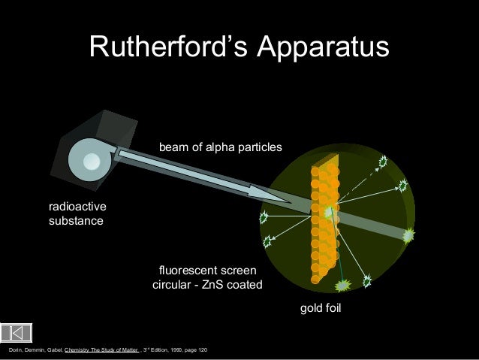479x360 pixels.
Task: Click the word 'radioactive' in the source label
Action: point(77,207)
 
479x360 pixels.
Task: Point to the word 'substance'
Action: point(76,222)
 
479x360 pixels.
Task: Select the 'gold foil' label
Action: point(321,308)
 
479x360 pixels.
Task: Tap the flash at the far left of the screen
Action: point(264,219)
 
